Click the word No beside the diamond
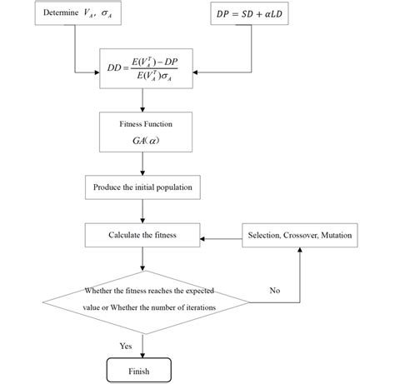[275, 290]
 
